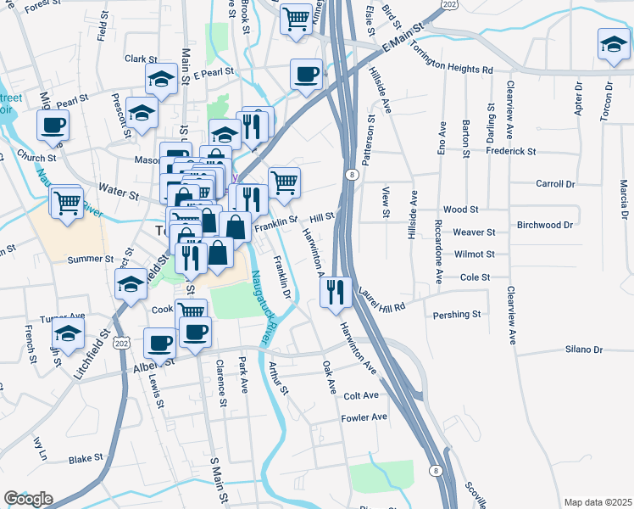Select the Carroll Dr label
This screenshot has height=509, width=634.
pyautogui.click(x=555, y=183)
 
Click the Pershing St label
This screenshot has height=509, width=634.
pyautogui.click(x=457, y=315)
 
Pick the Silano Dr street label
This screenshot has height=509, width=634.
pyautogui.click(x=584, y=350)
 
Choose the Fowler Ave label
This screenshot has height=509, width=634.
pyautogui.click(x=364, y=417)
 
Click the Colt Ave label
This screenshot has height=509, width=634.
pyautogui.click(x=361, y=395)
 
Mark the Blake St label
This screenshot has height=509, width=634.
pyautogui.click(x=86, y=458)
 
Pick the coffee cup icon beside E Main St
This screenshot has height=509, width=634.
pyautogui.click(x=306, y=74)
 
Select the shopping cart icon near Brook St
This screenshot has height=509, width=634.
pyautogui.click(x=296, y=18)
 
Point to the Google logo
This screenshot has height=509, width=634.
pyautogui.click(x=28, y=499)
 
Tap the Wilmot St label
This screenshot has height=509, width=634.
pyautogui.click(x=474, y=254)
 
